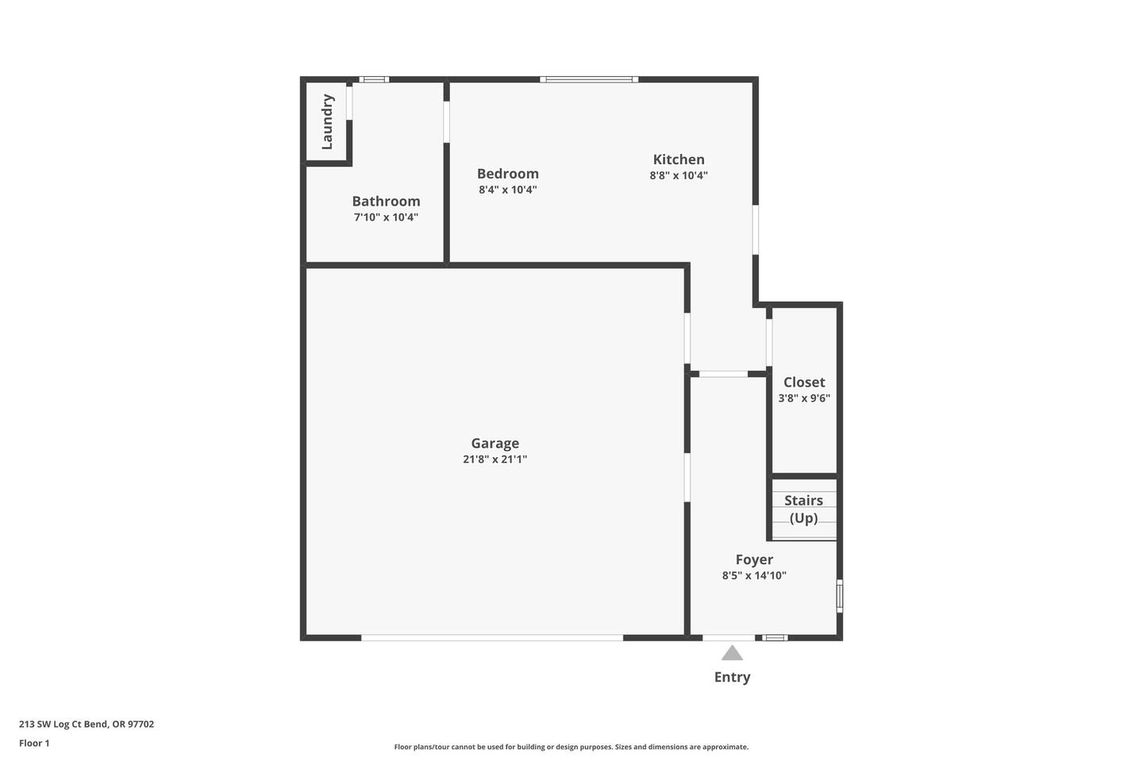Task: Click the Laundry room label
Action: click(327, 121)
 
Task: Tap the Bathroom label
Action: click(387, 201)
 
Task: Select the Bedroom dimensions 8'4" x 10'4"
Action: click(508, 190)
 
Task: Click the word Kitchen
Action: click(679, 160)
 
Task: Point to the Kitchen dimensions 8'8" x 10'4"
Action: click(679, 175)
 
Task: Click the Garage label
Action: click(495, 444)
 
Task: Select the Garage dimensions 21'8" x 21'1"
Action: click(495, 460)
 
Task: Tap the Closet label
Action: click(804, 383)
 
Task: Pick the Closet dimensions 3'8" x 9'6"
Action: click(804, 398)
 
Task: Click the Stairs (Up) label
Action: click(803, 510)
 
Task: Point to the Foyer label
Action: click(754, 560)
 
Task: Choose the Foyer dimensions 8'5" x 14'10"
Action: click(754, 575)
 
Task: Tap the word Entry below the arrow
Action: click(732, 677)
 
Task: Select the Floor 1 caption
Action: click(34, 743)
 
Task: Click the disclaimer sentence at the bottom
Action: click(571, 747)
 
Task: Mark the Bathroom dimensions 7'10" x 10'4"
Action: click(387, 217)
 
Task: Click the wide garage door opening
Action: click(492, 637)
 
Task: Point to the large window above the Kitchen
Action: click(589, 79)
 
